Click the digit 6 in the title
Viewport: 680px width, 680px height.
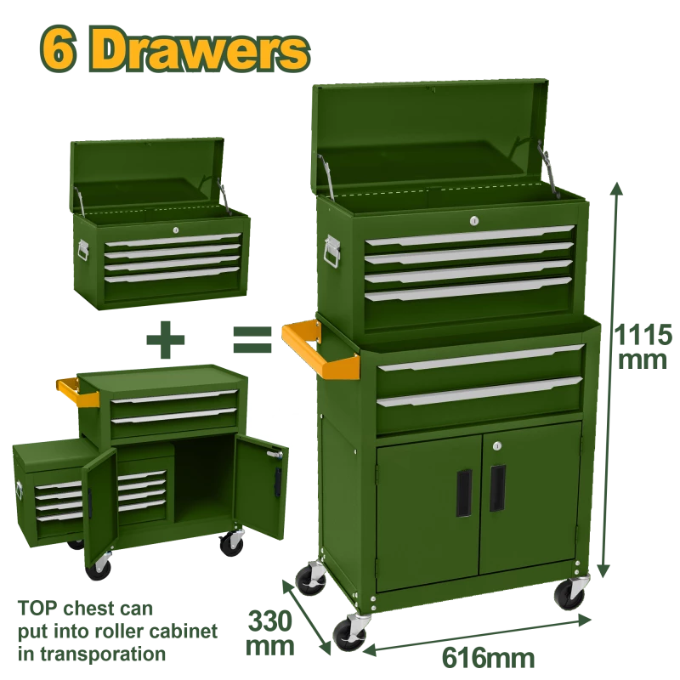(x=59, y=51)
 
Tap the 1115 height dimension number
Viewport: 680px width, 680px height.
(x=643, y=335)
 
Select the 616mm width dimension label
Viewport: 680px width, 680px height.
(x=488, y=658)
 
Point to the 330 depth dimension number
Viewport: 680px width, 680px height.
(x=269, y=621)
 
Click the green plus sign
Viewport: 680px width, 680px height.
(x=166, y=339)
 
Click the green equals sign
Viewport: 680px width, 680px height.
(x=252, y=339)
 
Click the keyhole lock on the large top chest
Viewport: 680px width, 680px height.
(x=474, y=221)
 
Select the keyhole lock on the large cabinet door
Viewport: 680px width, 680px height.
(x=497, y=445)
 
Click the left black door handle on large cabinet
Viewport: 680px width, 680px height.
(x=464, y=493)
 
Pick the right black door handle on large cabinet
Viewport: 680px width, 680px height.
(x=497, y=488)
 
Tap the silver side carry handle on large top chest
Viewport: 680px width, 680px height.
(x=331, y=252)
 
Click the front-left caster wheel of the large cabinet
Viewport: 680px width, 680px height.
(x=349, y=633)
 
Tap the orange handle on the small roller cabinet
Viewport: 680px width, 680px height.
(x=77, y=390)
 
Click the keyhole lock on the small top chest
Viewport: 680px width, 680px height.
(x=176, y=229)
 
